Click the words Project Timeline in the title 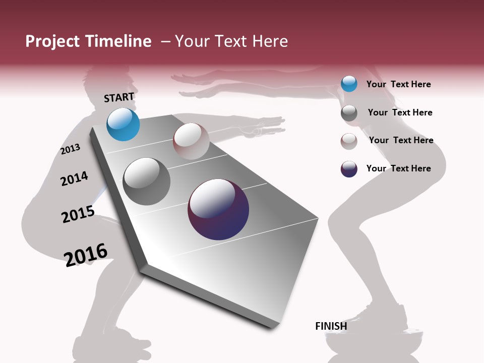click(88, 41)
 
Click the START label click(119, 97)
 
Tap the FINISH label click(331, 326)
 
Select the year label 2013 click(70, 149)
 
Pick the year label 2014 click(74, 178)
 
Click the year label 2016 click(86, 255)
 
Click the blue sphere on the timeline click(123, 125)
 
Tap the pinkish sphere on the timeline click(191, 141)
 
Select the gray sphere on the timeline click(147, 181)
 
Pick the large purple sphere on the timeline click(218, 209)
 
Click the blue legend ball click(349, 84)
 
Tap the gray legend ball click(349, 113)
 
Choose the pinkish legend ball click(349, 141)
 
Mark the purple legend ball click(349, 169)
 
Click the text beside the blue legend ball click(398, 84)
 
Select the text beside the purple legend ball click(398, 168)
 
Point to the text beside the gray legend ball click(400, 112)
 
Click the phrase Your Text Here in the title click(231, 41)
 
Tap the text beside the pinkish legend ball click(401, 140)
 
